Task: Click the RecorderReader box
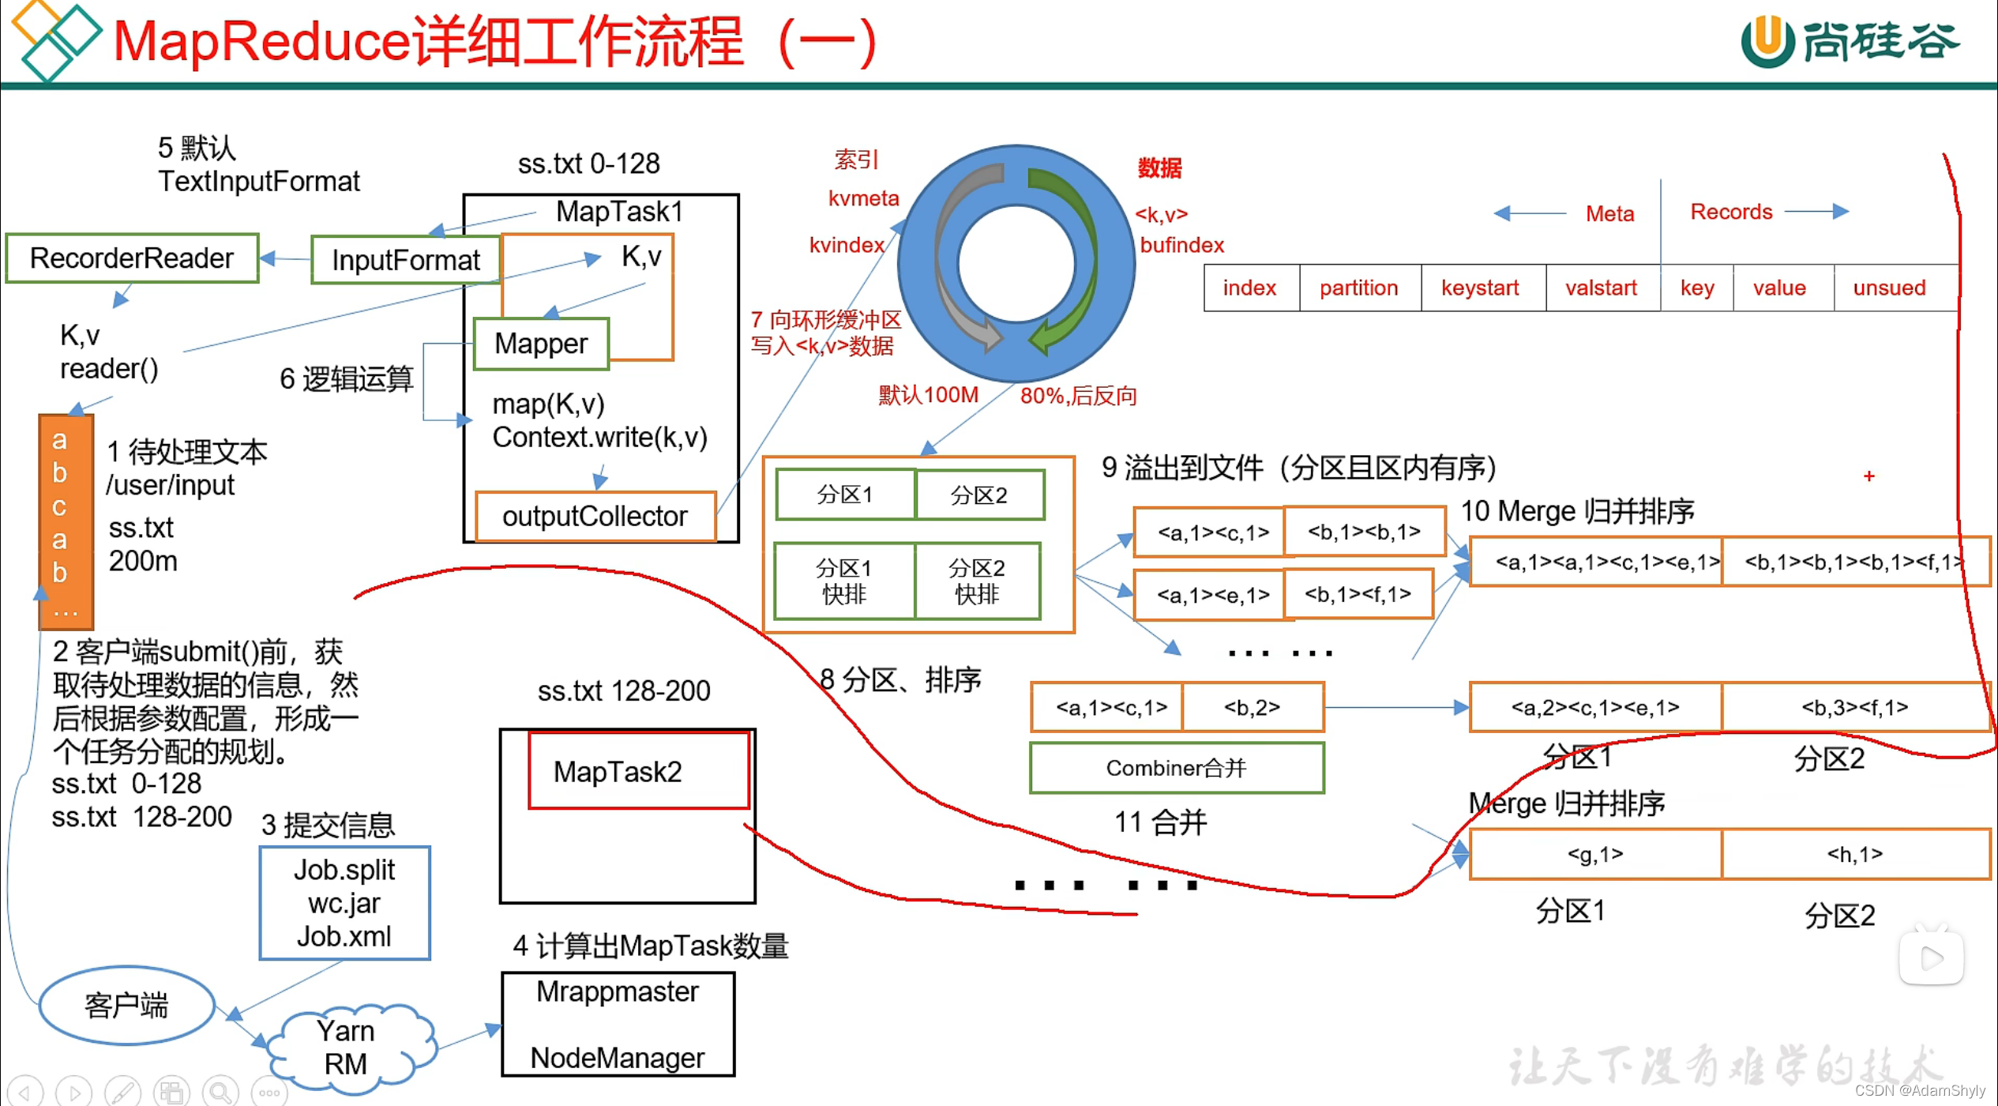tap(132, 258)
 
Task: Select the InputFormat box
tap(406, 260)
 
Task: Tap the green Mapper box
tap(541, 344)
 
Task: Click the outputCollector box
tap(595, 517)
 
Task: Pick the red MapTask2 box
tap(638, 771)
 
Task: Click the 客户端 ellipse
tap(126, 1006)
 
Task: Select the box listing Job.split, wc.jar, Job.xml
tap(344, 903)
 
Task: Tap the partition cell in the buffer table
tap(1358, 288)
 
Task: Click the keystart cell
tap(1480, 288)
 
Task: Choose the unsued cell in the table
tap(1889, 288)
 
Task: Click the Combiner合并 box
tap(1176, 768)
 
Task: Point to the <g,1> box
tap(1594, 854)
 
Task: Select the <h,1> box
tap(1854, 854)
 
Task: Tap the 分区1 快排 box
tap(843, 581)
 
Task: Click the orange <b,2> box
tap(1252, 707)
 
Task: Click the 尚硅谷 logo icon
tap(1767, 41)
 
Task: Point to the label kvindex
tap(847, 245)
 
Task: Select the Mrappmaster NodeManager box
tap(618, 1025)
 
